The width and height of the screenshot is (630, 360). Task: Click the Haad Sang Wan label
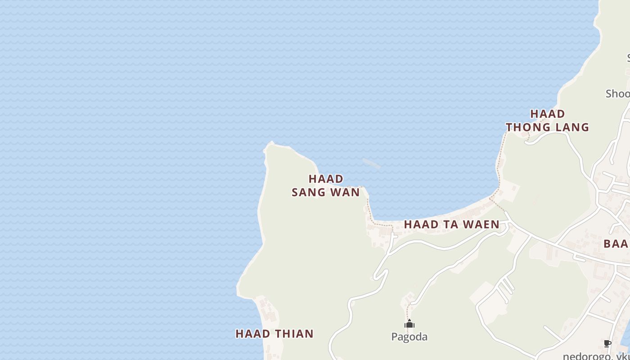(x=326, y=185)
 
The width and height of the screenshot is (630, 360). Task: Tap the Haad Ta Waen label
(x=451, y=224)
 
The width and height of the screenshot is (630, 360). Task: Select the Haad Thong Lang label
(x=547, y=121)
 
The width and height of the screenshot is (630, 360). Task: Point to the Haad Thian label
(x=274, y=333)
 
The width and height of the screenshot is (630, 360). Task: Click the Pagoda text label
(x=409, y=337)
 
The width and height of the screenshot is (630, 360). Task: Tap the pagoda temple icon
(x=409, y=324)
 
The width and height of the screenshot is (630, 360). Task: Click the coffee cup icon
(x=607, y=344)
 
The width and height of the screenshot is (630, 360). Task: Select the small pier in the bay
(x=371, y=163)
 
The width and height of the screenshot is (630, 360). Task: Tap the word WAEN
(x=481, y=224)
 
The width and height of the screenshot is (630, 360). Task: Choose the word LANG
(x=572, y=127)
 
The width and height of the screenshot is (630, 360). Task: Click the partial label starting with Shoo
(x=617, y=94)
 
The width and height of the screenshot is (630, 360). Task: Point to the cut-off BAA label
(x=616, y=244)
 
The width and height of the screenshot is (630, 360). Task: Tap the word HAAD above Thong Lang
(x=547, y=114)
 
